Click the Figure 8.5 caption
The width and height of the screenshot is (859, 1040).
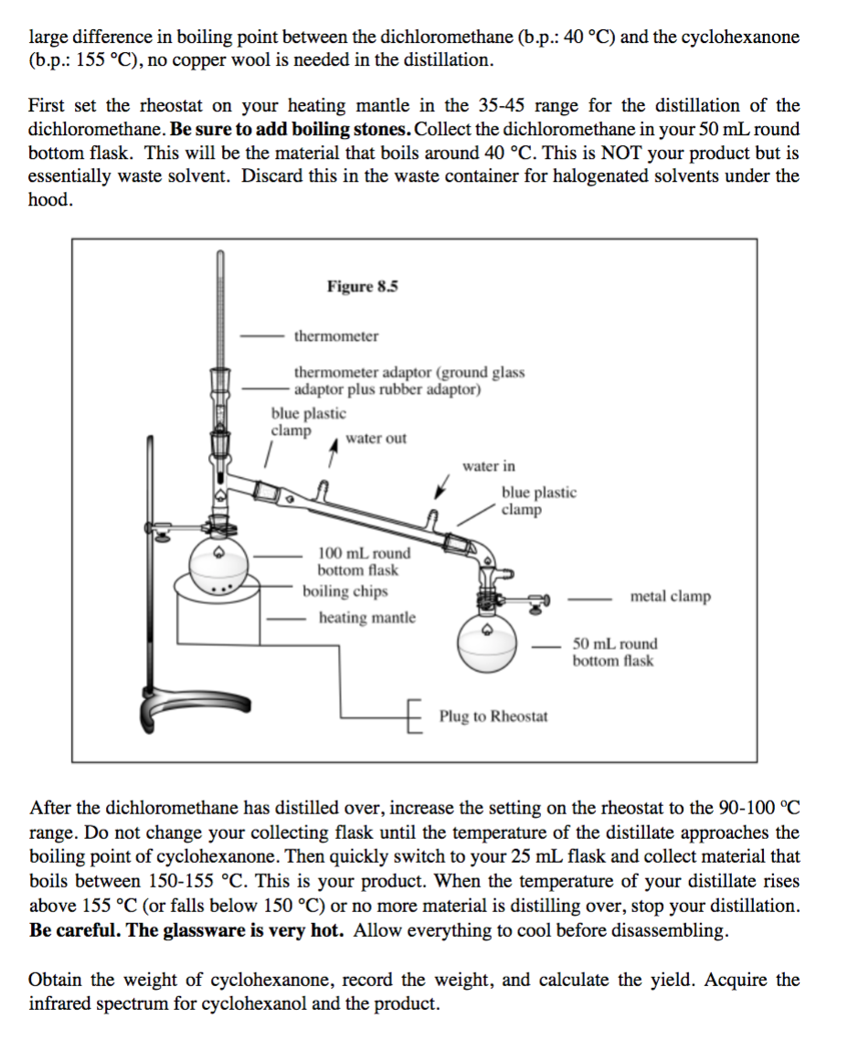363,286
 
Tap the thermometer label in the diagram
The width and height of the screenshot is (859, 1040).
335,336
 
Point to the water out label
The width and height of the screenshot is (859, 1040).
376,439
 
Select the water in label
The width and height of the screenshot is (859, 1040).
488,466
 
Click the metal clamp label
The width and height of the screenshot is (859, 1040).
670,597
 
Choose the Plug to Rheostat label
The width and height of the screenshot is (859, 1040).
493,716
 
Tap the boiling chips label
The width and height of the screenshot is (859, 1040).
345,591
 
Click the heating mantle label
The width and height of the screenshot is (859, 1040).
366,618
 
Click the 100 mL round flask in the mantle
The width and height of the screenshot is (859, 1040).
217,558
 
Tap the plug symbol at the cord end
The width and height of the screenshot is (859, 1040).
415,716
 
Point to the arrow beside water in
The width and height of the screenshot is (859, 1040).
443,484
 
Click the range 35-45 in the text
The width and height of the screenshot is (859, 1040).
503,105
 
